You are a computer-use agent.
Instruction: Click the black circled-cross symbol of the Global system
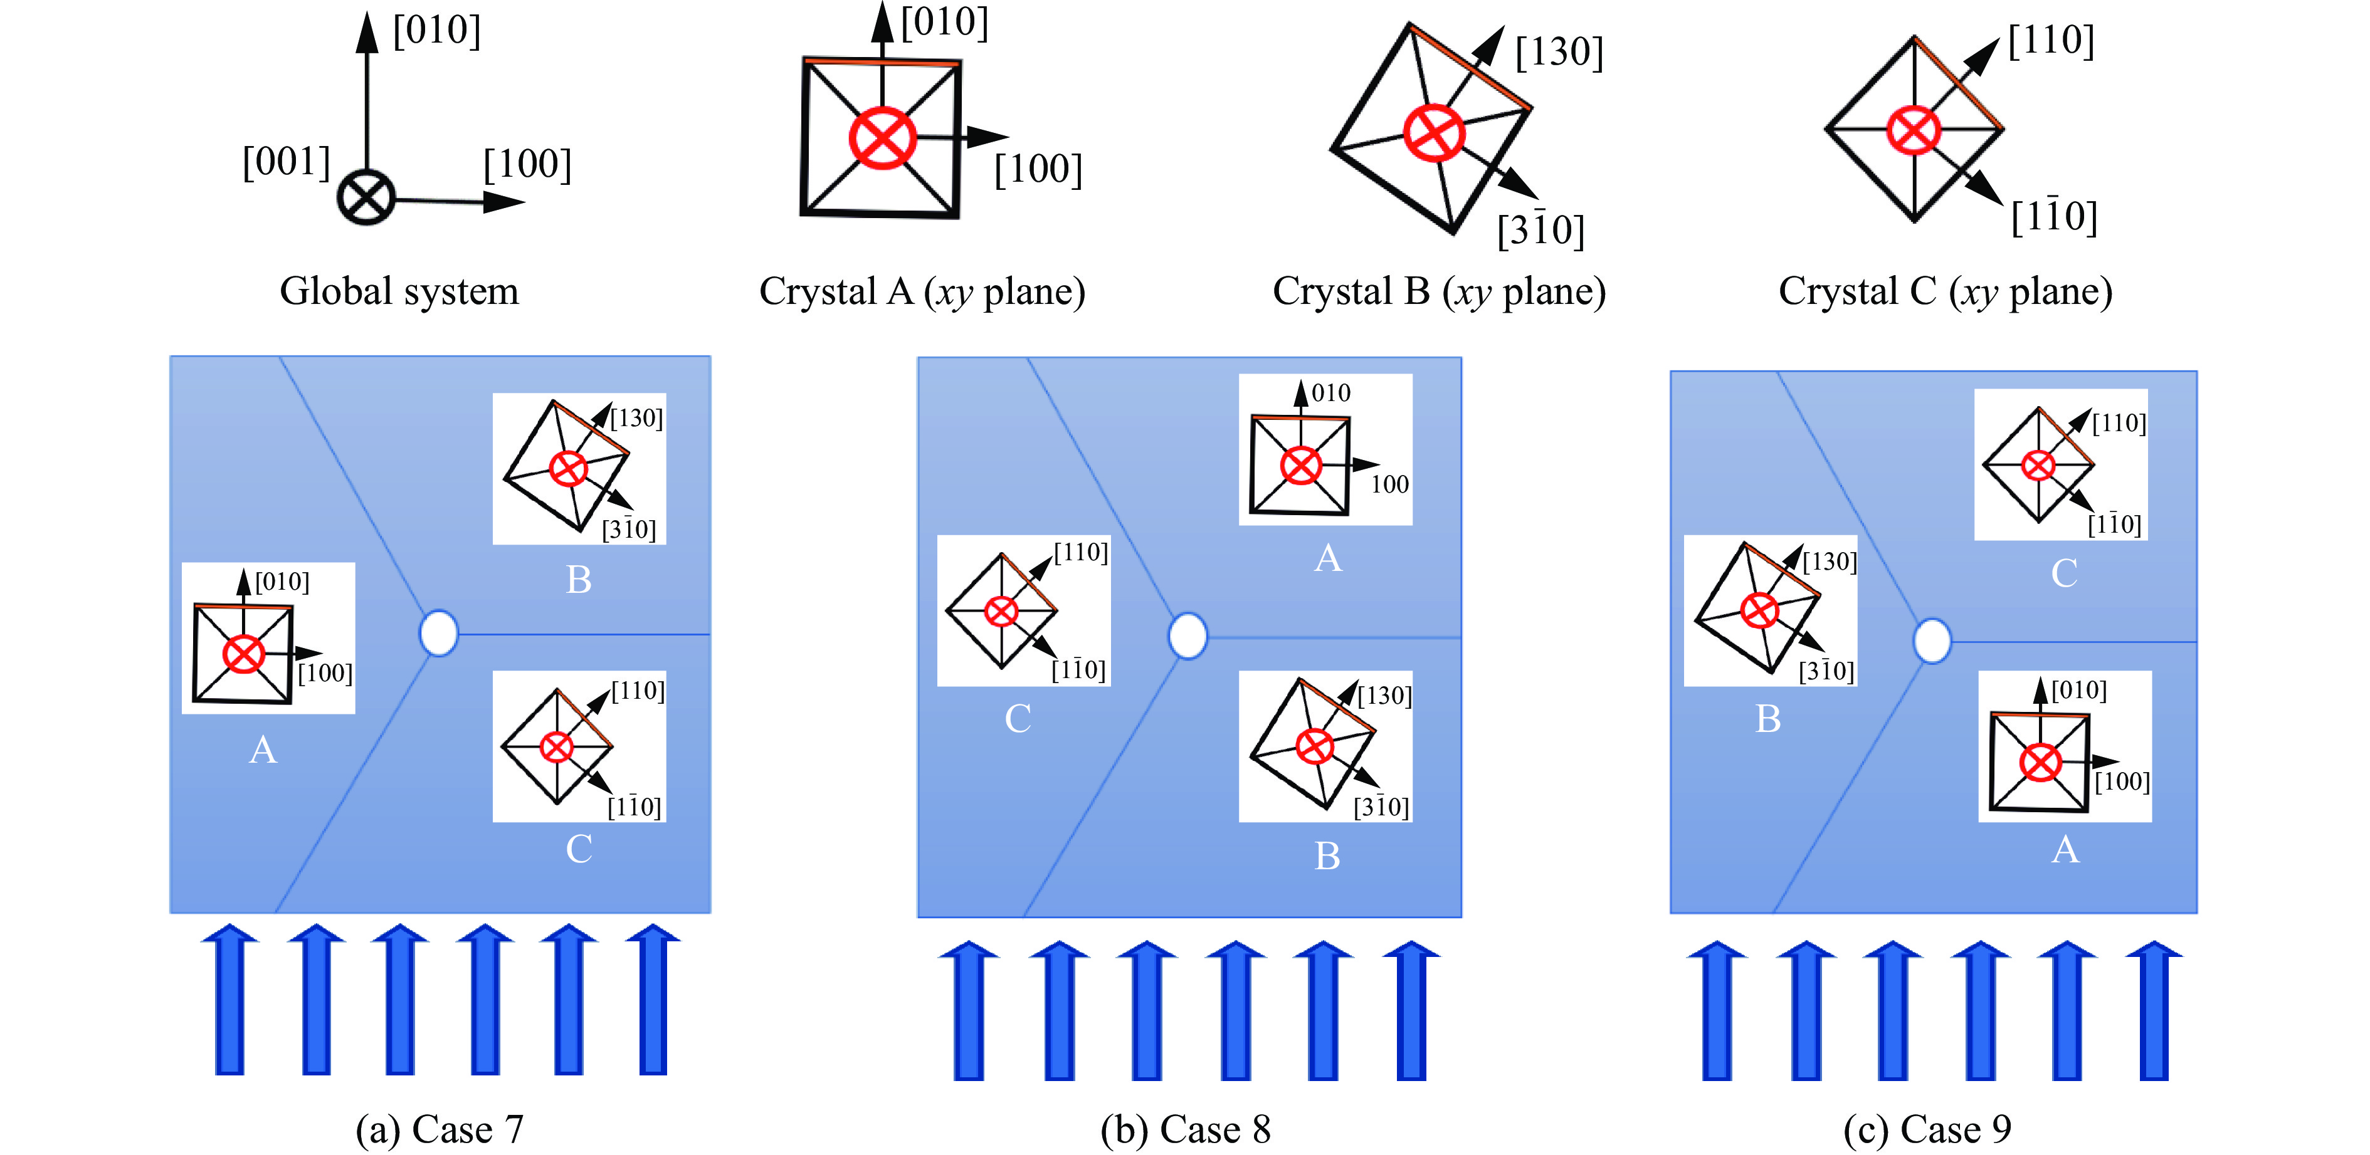366,197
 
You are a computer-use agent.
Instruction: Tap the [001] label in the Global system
285,162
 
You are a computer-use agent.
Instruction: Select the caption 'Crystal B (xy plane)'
1439,291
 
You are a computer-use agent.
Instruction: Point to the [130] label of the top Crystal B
1559,53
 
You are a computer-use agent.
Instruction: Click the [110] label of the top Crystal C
2051,41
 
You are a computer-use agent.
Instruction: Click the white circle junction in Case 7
439,633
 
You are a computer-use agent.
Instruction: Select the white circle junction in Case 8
1188,635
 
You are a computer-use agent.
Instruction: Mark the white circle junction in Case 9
1932,641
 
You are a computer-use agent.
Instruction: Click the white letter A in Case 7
263,750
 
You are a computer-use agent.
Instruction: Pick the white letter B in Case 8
1327,856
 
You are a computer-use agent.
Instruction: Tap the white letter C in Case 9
2063,573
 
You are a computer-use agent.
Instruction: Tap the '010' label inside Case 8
1330,393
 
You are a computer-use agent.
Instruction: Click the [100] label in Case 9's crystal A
2122,781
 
